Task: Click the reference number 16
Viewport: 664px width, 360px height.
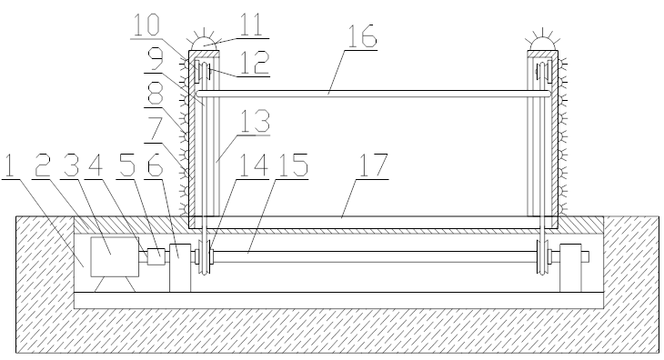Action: click(363, 35)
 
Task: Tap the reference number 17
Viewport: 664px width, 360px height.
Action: click(373, 165)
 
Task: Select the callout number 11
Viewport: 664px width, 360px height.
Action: click(252, 25)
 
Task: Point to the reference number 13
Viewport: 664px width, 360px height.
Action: click(255, 121)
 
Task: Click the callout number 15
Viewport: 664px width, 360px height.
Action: click(292, 165)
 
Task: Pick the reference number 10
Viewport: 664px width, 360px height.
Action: click(146, 25)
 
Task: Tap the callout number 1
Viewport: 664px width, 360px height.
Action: click(9, 165)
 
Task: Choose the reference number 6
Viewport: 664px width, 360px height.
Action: click(155, 165)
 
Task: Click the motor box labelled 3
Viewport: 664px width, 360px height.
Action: click(115, 256)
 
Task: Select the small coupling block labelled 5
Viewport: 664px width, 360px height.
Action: click(156, 256)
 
